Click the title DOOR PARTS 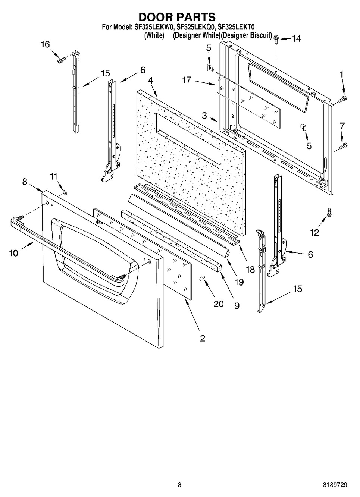[177, 17]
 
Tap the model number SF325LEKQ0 [195, 27]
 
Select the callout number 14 [296, 39]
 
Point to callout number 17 [187, 80]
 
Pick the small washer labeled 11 [65, 191]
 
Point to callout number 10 [13, 253]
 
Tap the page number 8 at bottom [179, 483]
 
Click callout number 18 [250, 270]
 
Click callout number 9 [237, 306]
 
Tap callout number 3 [204, 115]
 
